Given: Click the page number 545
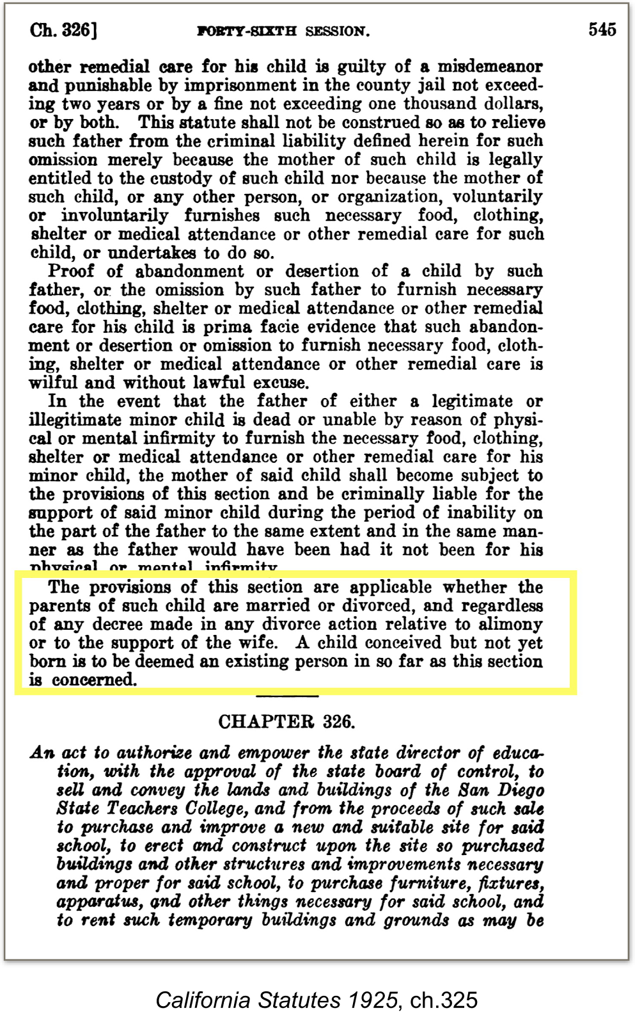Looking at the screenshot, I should (602, 29).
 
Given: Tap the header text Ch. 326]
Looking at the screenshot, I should (63, 30).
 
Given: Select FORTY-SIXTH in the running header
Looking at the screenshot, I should (247, 31).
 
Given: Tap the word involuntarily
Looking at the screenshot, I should (115, 215).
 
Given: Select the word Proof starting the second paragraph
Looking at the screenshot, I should (71, 271).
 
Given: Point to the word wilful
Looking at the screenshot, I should (53, 383).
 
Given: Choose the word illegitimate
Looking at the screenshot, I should (75, 420).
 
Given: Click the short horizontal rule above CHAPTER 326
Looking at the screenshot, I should (286, 696).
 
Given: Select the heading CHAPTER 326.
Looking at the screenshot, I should (286, 722).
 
